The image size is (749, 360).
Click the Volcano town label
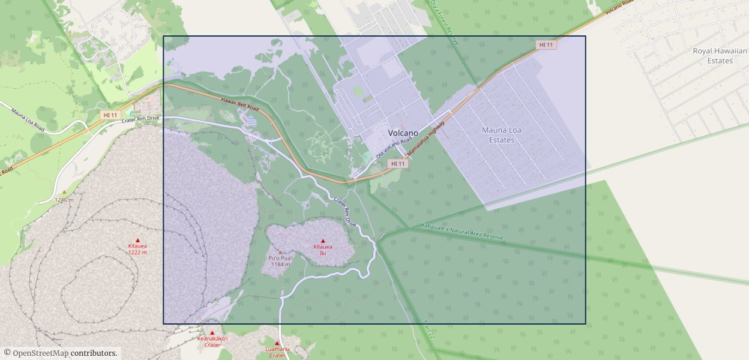403,133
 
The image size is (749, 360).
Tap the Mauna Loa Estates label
501,135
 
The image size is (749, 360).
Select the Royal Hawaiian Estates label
720,56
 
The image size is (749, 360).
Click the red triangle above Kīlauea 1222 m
137,240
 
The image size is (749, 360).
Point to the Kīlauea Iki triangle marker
323,241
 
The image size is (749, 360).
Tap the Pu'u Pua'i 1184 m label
280,261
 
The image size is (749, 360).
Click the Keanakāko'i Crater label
212,341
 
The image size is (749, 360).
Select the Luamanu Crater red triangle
277,343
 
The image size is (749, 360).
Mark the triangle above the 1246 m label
64,192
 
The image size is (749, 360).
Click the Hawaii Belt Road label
239,104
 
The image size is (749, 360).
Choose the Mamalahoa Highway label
426,139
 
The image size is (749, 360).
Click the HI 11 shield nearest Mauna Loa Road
110,115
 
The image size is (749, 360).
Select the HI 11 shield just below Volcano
398,163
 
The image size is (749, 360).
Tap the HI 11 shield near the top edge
546,45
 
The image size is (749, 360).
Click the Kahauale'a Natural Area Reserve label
462,232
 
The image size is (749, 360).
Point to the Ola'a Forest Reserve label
444,23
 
